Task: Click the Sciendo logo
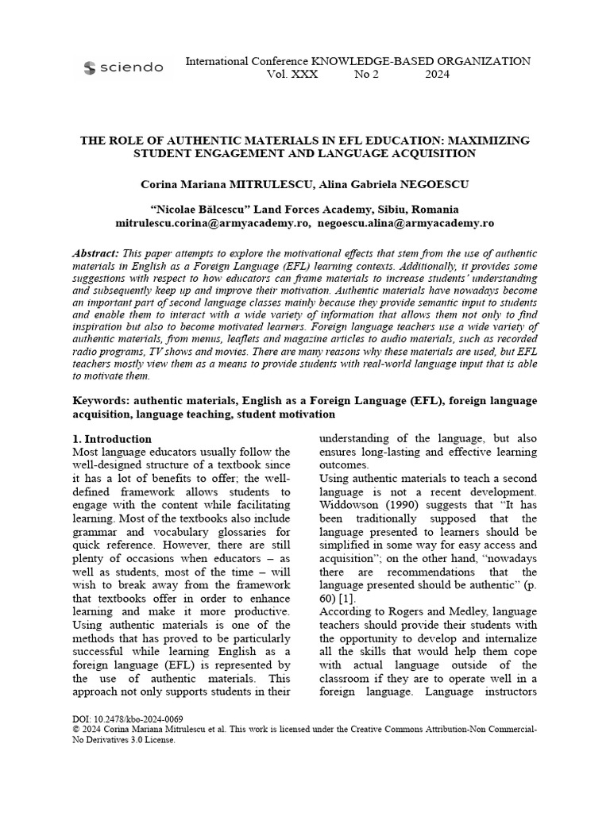(x=123, y=67)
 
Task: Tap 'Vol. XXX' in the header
(x=283, y=75)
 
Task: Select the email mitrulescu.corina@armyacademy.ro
(x=212, y=224)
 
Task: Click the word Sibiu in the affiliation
(x=386, y=210)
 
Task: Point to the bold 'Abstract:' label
(x=96, y=252)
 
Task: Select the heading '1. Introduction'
(x=112, y=439)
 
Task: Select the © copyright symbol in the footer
(x=76, y=728)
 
